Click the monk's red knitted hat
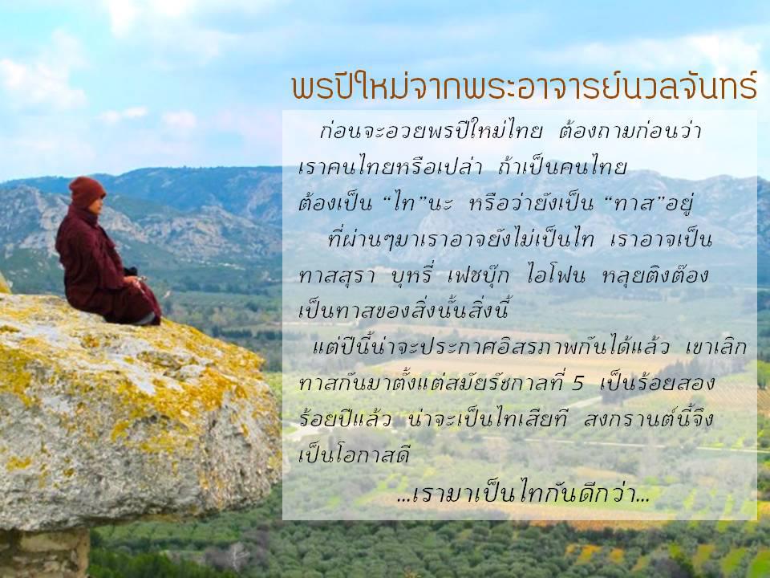tap(87, 191)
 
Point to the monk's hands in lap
tap(139, 281)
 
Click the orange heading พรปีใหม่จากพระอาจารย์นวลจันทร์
tap(524, 86)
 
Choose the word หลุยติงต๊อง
tap(654, 275)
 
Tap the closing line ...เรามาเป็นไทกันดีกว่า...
tap(524, 494)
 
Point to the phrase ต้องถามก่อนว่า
tap(630, 132)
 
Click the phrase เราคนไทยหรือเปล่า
tap(391, 167)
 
